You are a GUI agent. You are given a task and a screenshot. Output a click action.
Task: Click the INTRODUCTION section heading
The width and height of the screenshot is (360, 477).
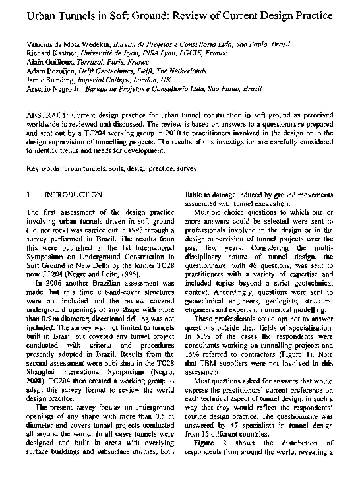click(73, 195)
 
